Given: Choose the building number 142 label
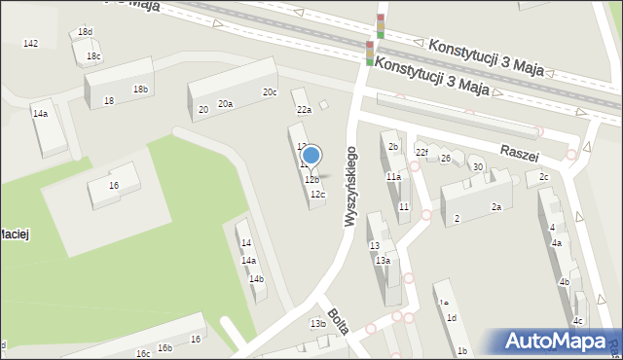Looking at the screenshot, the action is point(30,44).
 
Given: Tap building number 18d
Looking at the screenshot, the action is point(85,32).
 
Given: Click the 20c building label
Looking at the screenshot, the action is point(269,92).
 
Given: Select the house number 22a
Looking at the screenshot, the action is point(304,110).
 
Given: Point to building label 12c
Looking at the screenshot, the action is point(317,195).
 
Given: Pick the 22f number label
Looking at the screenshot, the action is point(421,152).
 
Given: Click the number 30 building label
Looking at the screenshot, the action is point(477,167).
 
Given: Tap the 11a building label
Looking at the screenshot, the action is point(393,177).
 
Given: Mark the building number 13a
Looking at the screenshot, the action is point(384,261).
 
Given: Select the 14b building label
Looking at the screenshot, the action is point(256,279).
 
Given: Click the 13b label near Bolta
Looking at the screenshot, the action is point(317,323).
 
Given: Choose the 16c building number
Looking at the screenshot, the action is point(143,353).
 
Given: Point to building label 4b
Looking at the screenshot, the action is point(564,282).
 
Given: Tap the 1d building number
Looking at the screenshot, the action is point(451,318).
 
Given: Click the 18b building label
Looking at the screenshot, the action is point(141,90).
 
